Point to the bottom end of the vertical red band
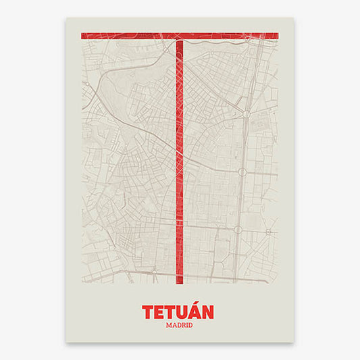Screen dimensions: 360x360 tap(180, 281)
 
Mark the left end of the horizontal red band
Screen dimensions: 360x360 tap(82, 35)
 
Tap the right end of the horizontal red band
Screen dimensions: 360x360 tap(277, 35)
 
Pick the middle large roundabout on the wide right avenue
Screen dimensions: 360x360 tap(242, 172)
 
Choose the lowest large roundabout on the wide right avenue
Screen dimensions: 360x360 tap(238, 230)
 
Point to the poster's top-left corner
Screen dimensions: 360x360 tap(66, 18)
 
